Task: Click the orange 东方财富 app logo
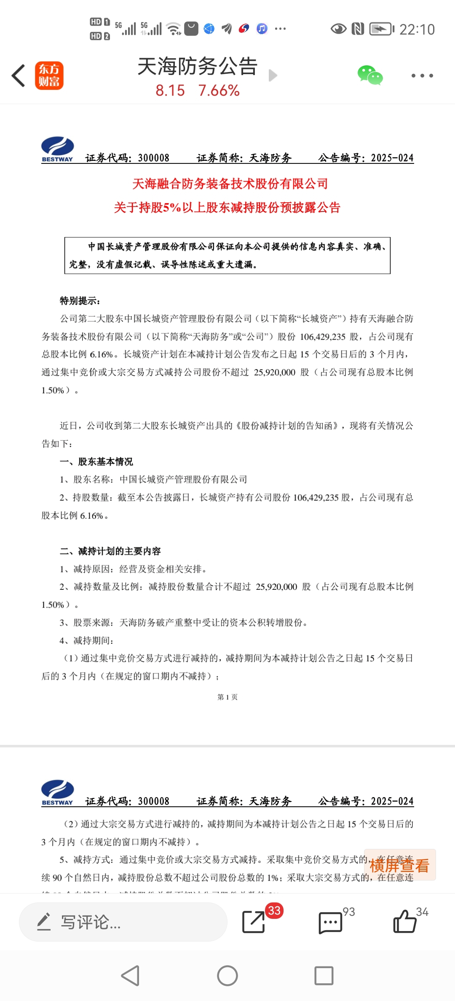(x=49, y=76)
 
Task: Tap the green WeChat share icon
(x=370, y=75)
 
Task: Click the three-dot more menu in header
(x=422, y=76)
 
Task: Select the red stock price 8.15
(x=170, y=91)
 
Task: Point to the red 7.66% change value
(x=219, y=91)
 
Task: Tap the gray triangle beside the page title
(x=273, y=75)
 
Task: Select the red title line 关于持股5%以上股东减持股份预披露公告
(x=227, y=207)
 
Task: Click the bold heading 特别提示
(x=80, y=301)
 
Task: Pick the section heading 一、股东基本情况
(x=96, y=462)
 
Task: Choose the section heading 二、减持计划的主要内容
(x=110, y=551)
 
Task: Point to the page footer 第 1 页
(x=227, y=697)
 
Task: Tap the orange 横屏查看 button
(x=399, y=865)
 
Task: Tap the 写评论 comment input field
(x=123, y=922)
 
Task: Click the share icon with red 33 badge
(x=254, y=922)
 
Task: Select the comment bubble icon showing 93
(x=331, y=923)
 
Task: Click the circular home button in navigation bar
(x=227, y=976)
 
